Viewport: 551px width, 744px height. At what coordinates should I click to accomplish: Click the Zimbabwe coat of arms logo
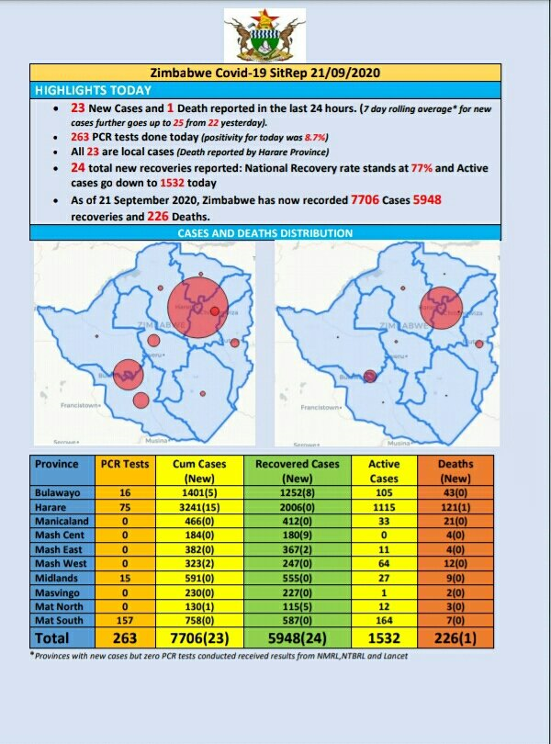pyautogui.click(x=265, y=36)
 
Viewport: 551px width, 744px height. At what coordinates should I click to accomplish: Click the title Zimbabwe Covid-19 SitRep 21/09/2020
pyautogui.click(x=265, y=73)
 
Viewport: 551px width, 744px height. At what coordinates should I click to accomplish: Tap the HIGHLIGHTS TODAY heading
pyautogui.click(x=93, y=90)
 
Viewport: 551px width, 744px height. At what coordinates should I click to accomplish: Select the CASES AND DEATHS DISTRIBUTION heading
pyautogui.click(x=265, y=234)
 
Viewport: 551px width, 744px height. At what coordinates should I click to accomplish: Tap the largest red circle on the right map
pyautogui.click(x=440, y=309)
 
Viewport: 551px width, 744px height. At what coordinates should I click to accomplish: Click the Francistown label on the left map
pyautogui.click(x=84, y=405)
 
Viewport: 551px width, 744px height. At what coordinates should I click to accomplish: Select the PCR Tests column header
pyautogui.click(x=118, y=464)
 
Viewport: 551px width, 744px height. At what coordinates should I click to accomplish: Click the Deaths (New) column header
pyautogui.click(x=456, y=470)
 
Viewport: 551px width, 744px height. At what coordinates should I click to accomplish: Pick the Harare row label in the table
pyautogui.click(x=51, y=507)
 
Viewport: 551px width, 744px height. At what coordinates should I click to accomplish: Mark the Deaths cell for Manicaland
pyautogui.click(x=456, y=522)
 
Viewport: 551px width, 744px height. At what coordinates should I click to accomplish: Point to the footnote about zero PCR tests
pyautogui.click(x=218, y=655)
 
